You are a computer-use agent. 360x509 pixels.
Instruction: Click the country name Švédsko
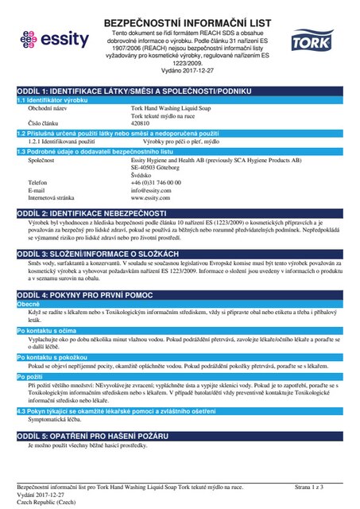pyautogui.click(x=142, y=175)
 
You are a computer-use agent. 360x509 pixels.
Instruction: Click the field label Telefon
pyautogui.click(x=37, y=182)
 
